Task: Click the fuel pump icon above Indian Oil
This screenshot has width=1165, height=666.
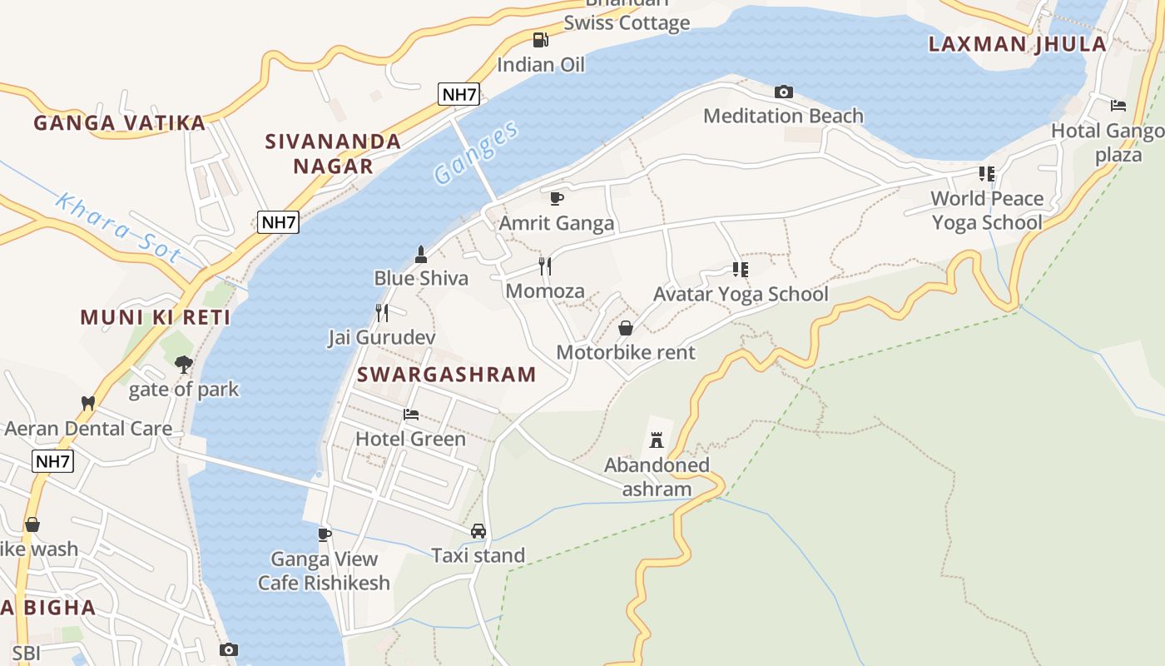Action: click(x=540, y=39)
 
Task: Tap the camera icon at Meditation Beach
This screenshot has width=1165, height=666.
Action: click(x=783, y=92)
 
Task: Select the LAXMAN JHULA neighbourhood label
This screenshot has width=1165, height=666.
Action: click(x=1017, y=44)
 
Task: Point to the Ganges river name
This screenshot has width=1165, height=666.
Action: click(x=476, y=152)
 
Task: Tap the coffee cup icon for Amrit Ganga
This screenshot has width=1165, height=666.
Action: click(x=557, y=198)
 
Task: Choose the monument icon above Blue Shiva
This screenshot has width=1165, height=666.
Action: click(x=421, y=253)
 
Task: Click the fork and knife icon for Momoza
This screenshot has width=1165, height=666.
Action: click(x=545, y=266)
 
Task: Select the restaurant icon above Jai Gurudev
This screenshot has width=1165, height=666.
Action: click(x=382, y=313)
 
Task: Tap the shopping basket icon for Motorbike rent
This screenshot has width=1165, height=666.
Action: click(x=626, y=328)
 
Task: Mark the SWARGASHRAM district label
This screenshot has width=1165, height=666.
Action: click(x=446, y=375)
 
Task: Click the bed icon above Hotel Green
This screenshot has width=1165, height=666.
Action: click(x=411, y=414)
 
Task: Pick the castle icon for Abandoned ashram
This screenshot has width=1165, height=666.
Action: click(x=657, y=440)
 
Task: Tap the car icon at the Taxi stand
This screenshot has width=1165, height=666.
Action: click(x=478, y=530)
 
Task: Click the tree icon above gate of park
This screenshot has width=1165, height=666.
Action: click(x=183, y=364)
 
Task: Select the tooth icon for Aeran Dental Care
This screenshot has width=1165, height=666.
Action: click(x=87, y=403)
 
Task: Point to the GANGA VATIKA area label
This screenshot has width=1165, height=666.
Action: click(x=119, y=123)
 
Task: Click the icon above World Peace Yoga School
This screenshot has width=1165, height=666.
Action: click(x=987, y=173)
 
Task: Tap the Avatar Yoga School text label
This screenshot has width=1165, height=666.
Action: click(x=741, y=294)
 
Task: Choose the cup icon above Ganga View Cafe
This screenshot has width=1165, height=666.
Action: click(x=325, y=534)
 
